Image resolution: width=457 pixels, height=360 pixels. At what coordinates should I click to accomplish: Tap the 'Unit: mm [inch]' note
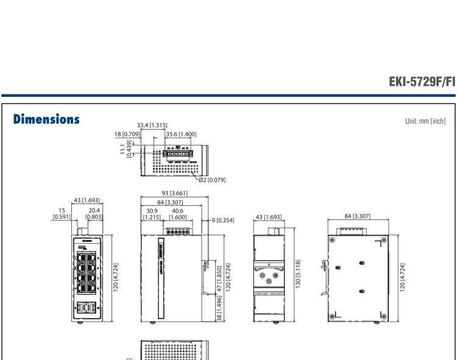tap(421, 121)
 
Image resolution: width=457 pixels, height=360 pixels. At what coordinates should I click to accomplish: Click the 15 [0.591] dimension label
tap(62, 214)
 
